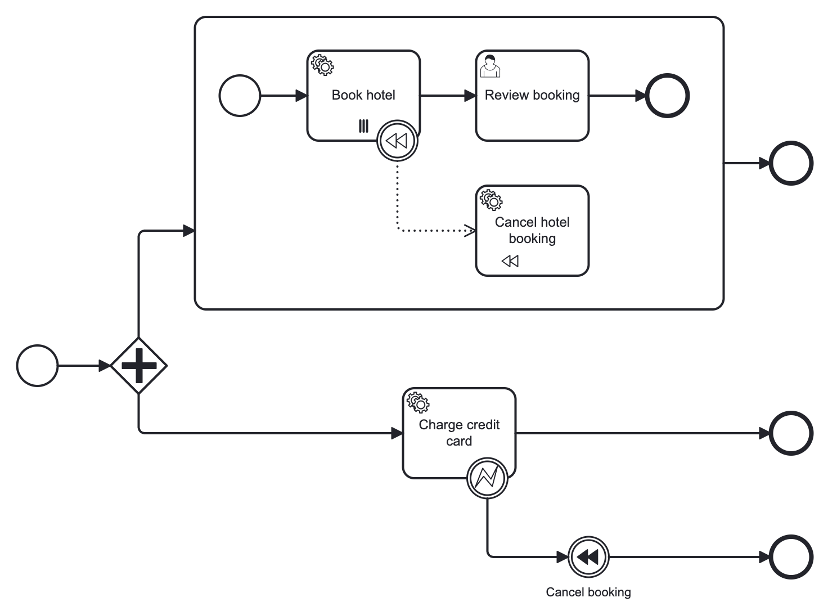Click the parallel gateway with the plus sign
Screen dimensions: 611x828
pos(138,366)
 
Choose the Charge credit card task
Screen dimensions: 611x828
pos(459,433)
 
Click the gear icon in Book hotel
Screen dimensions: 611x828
pos(322,65)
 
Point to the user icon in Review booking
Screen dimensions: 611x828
pos(490,66)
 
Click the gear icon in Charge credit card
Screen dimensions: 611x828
pos(418,402)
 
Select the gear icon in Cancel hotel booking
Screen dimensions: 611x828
pos(491,200)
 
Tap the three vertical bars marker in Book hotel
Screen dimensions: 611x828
pos(364,126)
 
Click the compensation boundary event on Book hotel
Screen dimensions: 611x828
pos(397,141)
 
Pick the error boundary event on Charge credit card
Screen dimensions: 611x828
pos(487,478)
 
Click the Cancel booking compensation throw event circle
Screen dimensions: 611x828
pos(588,557)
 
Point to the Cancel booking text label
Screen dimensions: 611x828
pos(588,592)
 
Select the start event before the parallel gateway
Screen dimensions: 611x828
pos(37,366)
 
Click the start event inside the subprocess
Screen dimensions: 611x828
pos(240,96)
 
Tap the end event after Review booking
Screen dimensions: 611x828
pos(667,96)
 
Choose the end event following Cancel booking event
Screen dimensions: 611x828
pos(791,557)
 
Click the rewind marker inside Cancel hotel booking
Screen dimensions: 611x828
pos(510,261)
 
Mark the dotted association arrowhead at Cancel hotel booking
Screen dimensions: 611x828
pos(470,230)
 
